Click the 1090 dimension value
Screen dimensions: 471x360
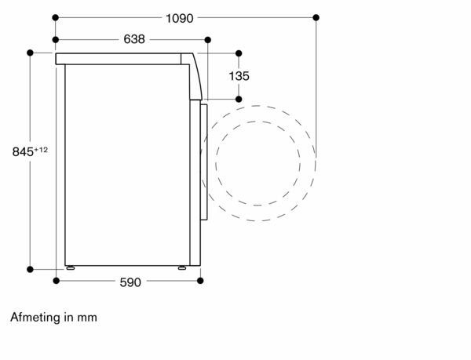(x=179, y=19)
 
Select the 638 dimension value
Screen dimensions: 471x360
(x=134, y=39)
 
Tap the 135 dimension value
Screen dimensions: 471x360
(x=239, y=76)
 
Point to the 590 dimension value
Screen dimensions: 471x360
(x=130, y=282)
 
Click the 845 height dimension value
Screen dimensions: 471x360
(x=23, y=152)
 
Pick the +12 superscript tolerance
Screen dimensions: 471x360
(x=41, y=149)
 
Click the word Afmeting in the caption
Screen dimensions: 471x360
(x=35, y=318)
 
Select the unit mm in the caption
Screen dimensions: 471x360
(x=87, y=318)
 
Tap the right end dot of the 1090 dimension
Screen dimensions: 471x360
(x=316, y=18)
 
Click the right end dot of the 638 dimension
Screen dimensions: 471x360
(x=207, y=39)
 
